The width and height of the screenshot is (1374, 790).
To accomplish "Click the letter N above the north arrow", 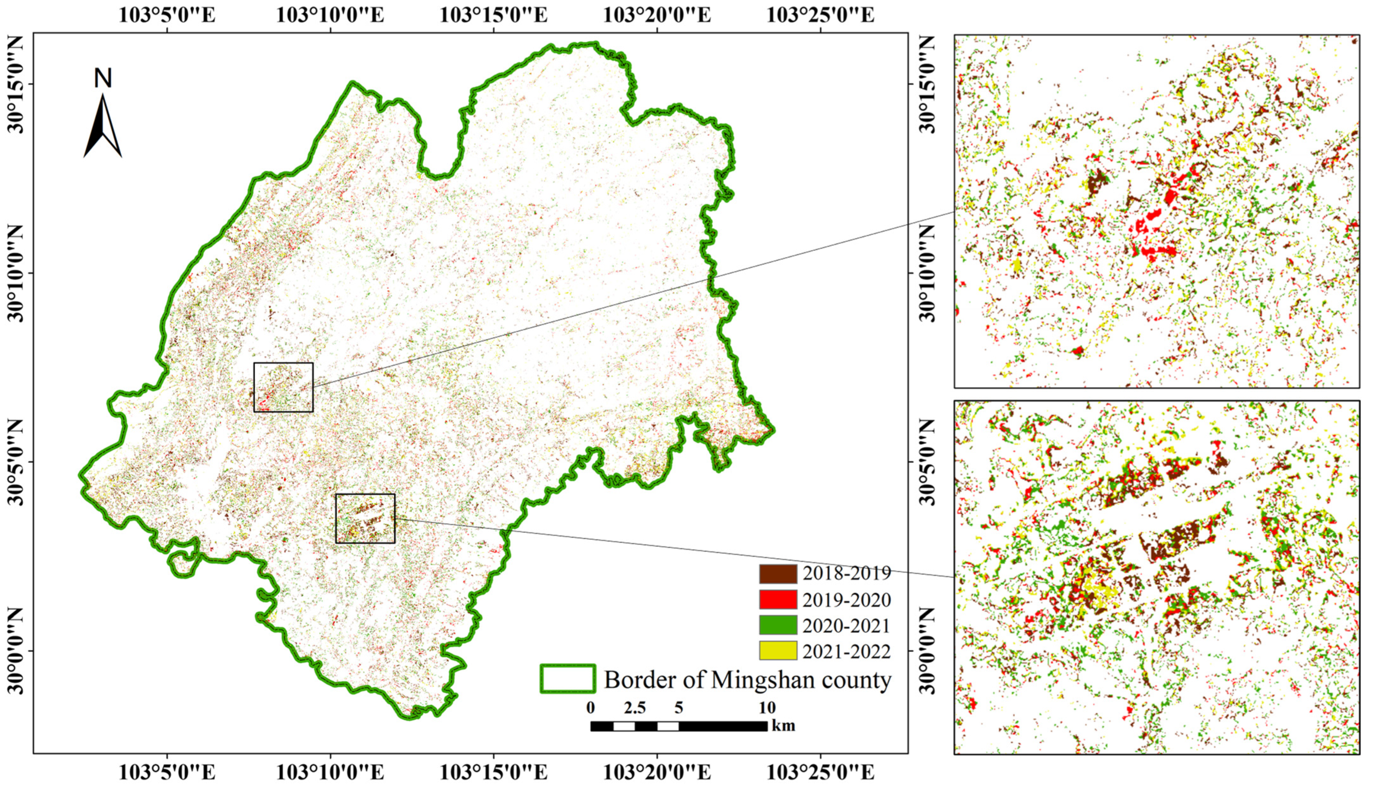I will tap(103, 79).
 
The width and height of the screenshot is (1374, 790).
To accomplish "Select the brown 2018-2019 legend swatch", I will tap(778, 573).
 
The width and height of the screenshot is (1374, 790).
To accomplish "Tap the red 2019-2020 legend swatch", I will tap(778, 599).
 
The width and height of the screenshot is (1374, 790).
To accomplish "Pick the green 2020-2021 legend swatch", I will tap(778, 626).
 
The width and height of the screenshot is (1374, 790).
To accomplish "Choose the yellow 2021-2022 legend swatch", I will tap(778, 651).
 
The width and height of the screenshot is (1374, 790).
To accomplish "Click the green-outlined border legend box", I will tap(568, 679).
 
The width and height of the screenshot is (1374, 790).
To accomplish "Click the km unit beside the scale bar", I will tap(783, 726).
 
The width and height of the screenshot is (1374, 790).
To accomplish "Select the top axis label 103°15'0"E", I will tap(493, 15).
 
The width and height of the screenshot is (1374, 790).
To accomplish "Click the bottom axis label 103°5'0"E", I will tap(167, 773).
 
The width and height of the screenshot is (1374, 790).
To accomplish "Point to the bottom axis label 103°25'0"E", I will tap(820, 773).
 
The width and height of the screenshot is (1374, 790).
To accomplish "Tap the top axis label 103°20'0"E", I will tap(657, 15).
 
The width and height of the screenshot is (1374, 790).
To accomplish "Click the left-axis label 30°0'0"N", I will tap(16, 651).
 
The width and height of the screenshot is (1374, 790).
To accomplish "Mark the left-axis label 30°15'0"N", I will tap(16, 84).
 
